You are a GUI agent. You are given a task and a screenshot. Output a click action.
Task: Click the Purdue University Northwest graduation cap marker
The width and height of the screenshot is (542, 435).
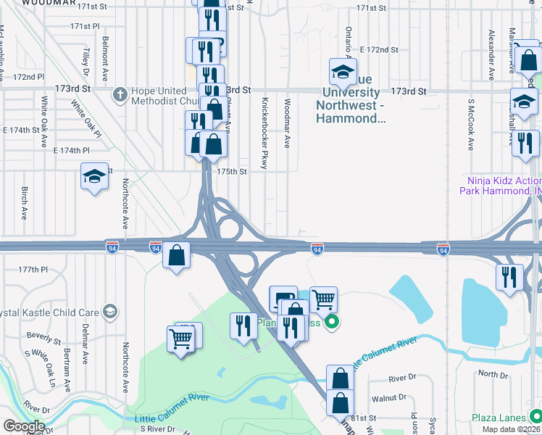click(x=343, y=72)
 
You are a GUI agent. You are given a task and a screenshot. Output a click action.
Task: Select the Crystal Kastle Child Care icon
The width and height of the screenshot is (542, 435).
click(x=110, y=312)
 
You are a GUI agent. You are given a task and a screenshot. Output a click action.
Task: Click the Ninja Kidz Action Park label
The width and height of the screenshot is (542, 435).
click(x=500, y=186)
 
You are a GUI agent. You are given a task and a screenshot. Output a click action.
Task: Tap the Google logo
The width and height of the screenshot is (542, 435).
click(x=23, y=426)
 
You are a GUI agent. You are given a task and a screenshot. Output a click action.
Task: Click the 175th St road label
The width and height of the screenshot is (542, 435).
click(x=233, y=172)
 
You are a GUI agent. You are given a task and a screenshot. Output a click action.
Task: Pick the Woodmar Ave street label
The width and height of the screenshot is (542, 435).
click(x=288, y=123)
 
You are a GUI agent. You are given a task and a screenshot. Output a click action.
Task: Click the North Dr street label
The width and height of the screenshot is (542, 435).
click(x=493, y=374)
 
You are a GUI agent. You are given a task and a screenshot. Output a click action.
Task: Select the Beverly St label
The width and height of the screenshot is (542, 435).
click(x=43, y=337)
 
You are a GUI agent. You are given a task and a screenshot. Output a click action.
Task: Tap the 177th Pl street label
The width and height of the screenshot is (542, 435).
click(x=33, y=269)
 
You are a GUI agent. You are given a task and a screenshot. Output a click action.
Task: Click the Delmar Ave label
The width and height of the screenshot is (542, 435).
click(x=85, y=346)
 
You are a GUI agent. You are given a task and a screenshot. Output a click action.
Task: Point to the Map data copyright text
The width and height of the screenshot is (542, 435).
click(x=510, y=429)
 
